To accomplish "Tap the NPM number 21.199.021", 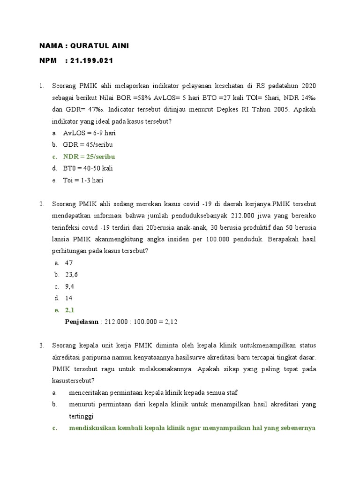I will pyautogui.click(x=91, y=61).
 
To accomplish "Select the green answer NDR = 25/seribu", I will pyautogui.click(x=89, y=157).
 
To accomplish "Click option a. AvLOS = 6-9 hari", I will pyautogui.click(x=89, y=133).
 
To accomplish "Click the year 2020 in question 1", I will pyautogui.click(x=308, y=86).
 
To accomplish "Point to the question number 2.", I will pyautogui.click(x=42, y=204).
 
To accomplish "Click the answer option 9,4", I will pyautogui.click(x=69, y=286).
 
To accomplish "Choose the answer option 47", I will pyautogui.click(x=69, y=263).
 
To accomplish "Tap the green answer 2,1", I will pyautogui.click(x=69, y=310).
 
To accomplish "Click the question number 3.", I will pyautogui.click(x=42, y=345).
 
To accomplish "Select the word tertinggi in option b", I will pyautogui.click(x=81, y=416).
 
